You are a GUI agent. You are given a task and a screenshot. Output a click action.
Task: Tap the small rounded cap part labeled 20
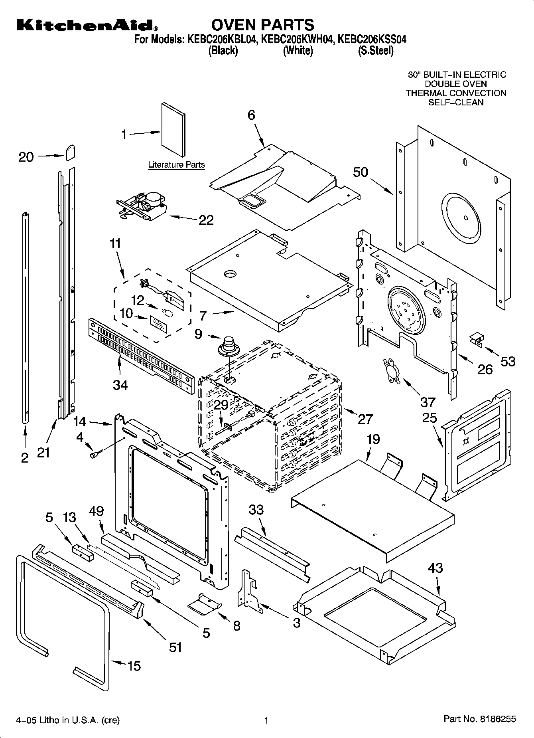click(71, 152)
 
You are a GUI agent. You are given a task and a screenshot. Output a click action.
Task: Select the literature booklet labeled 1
click(173, 130)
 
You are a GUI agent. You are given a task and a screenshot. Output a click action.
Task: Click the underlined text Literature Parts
click(176, 164)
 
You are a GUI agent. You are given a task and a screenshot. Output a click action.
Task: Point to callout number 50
click(360, 172)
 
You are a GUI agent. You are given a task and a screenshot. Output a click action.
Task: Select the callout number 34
click(120, 385)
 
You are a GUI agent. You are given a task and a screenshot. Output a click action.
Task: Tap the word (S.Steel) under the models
click(375, 51)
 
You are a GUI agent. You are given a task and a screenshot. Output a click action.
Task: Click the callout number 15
click(134, 666)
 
